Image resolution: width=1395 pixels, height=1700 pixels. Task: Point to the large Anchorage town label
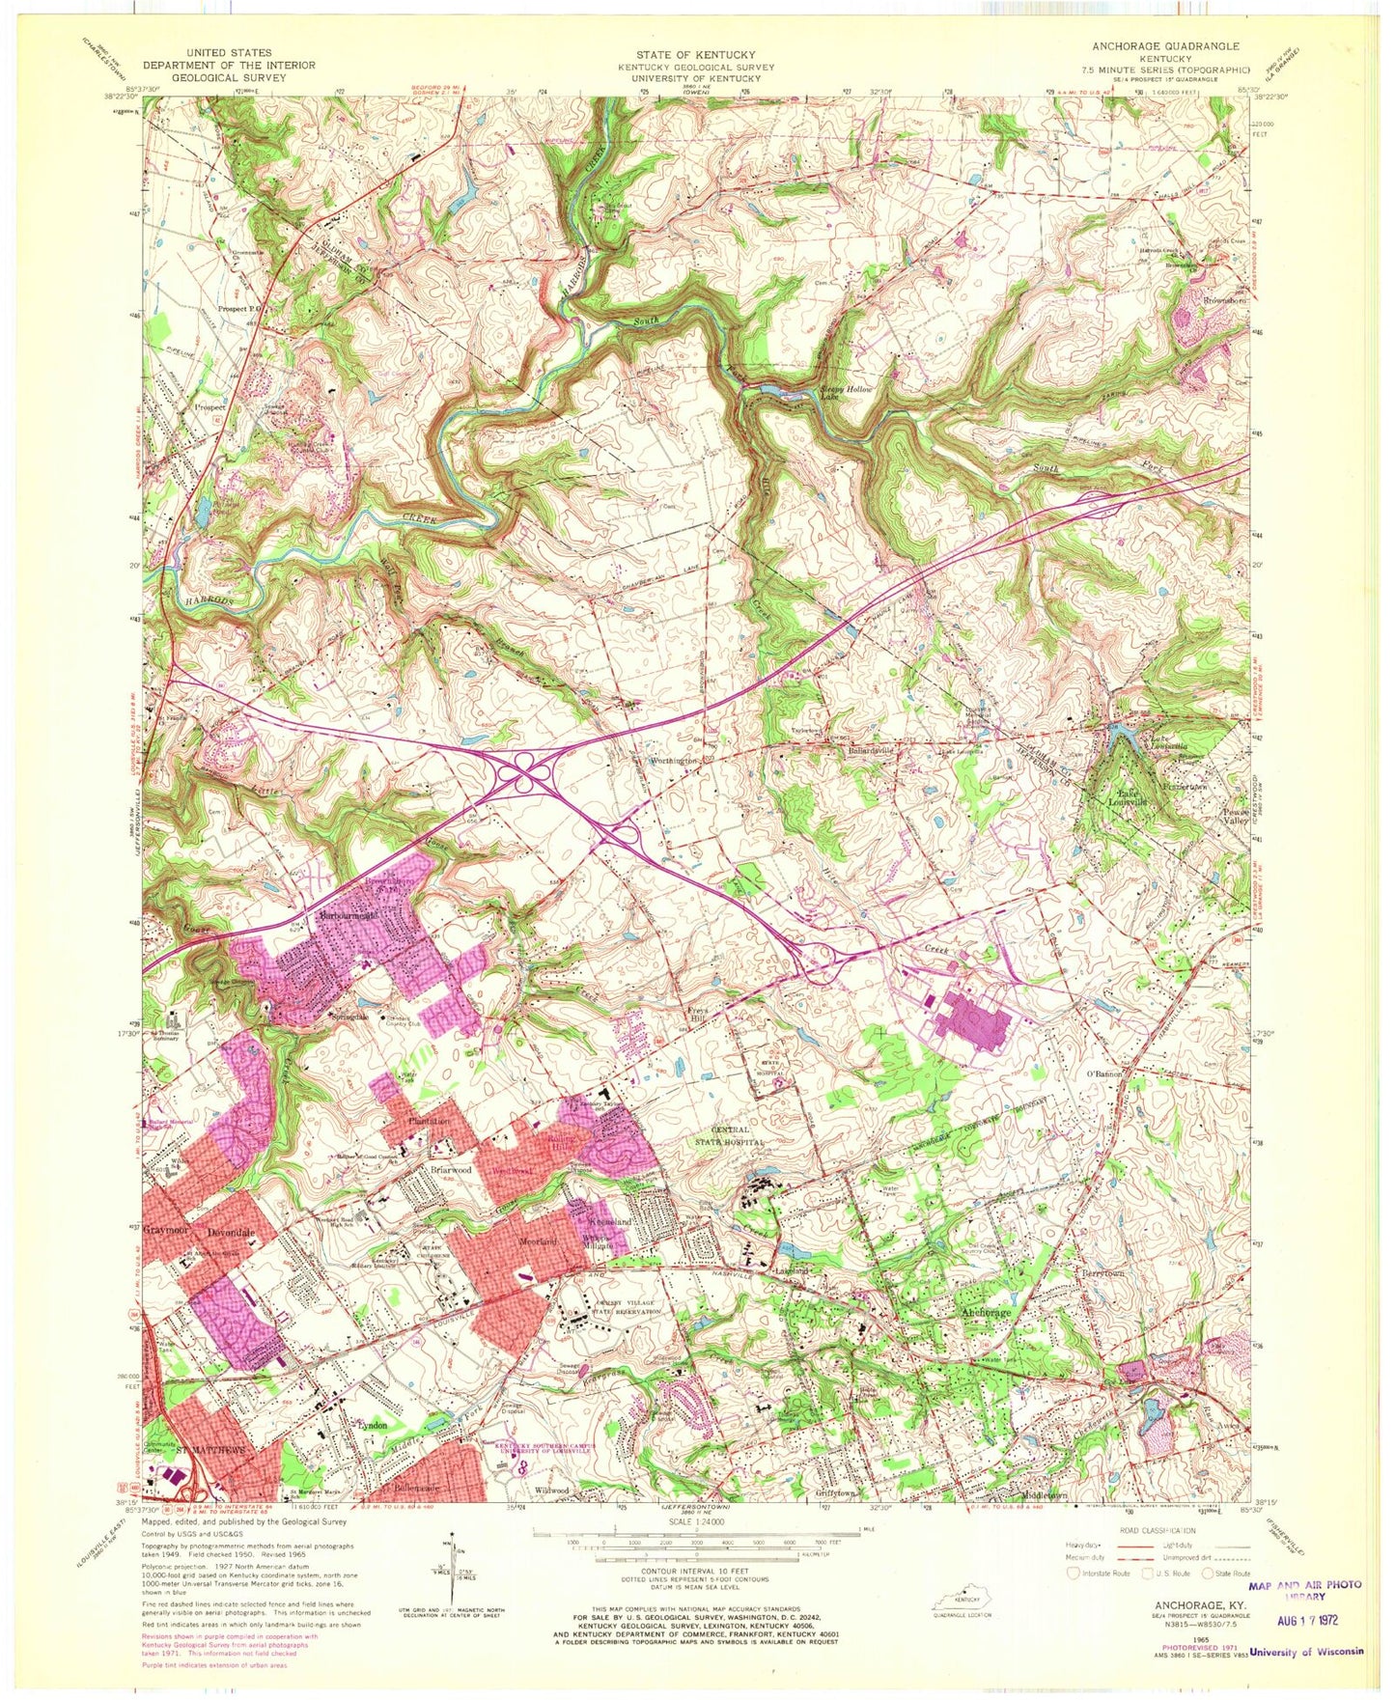pos(984,1315)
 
